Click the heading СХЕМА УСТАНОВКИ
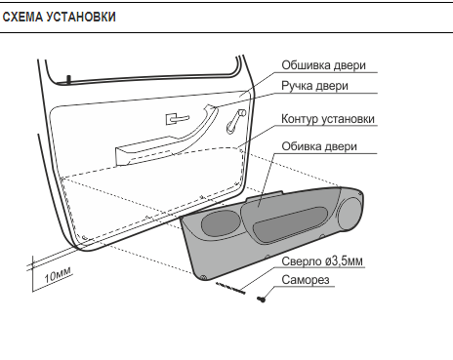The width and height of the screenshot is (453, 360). [59, 17]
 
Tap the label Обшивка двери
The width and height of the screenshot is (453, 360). [323, 65]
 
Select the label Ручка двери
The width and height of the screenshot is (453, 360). [314, 86]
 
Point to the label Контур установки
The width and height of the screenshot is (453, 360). [328, 119]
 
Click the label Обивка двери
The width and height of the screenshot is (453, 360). [319, 146]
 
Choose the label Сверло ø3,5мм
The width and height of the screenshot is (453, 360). [322, 261]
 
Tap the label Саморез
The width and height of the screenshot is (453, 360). [306, 280]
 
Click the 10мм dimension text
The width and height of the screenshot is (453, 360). [58, 275]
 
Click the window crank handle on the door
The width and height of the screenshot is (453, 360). [235, 121]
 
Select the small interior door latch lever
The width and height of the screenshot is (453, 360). [177, 118]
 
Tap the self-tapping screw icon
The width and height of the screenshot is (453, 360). [261, 299]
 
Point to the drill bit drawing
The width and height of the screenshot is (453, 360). [230, 288]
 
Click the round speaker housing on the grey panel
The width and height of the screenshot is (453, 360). [350, 214]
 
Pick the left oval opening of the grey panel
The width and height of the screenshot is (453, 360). [221, 222]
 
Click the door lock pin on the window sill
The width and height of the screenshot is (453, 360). [68, 79]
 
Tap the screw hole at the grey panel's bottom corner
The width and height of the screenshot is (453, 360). [203, 277]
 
